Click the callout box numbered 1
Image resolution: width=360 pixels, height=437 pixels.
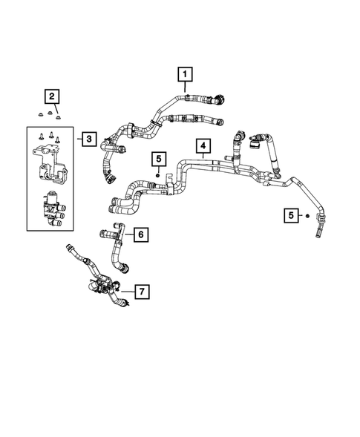183,74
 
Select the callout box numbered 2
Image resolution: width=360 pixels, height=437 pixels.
52,96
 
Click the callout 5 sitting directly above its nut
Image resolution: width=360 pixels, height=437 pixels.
159,159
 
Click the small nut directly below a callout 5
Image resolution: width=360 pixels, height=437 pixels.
159,173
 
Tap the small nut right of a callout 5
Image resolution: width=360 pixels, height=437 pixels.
307,215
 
